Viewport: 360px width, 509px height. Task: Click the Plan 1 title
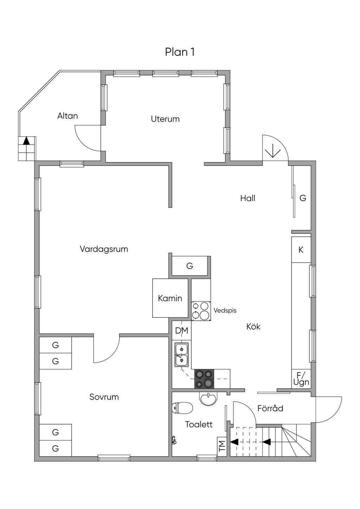[180, 52]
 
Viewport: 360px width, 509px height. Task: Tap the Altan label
[67, 116]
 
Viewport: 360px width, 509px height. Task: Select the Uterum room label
[165, 119]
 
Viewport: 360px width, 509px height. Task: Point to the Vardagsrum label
[104, 249]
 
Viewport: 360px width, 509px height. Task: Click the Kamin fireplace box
[170, 298]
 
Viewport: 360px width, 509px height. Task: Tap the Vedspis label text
[225, 310]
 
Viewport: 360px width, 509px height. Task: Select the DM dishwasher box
[182, 330]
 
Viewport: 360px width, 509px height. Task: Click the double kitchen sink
[181, 354]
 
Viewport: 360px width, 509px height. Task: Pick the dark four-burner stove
[204, 379]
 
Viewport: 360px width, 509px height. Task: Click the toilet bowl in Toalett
[182, 408]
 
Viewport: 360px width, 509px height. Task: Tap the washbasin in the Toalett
[208, 398]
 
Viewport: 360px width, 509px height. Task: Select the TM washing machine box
[222, 446]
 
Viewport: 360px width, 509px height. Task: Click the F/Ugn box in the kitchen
[301, 379]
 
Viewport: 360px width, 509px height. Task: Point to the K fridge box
[301, 250]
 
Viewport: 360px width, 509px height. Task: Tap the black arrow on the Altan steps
[27, 141]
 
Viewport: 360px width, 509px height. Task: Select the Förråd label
[270, 408]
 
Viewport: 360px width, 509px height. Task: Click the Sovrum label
[104, 397]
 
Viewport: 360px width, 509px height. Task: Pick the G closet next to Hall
[303, 198]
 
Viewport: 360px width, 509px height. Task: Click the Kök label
[253, 327]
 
